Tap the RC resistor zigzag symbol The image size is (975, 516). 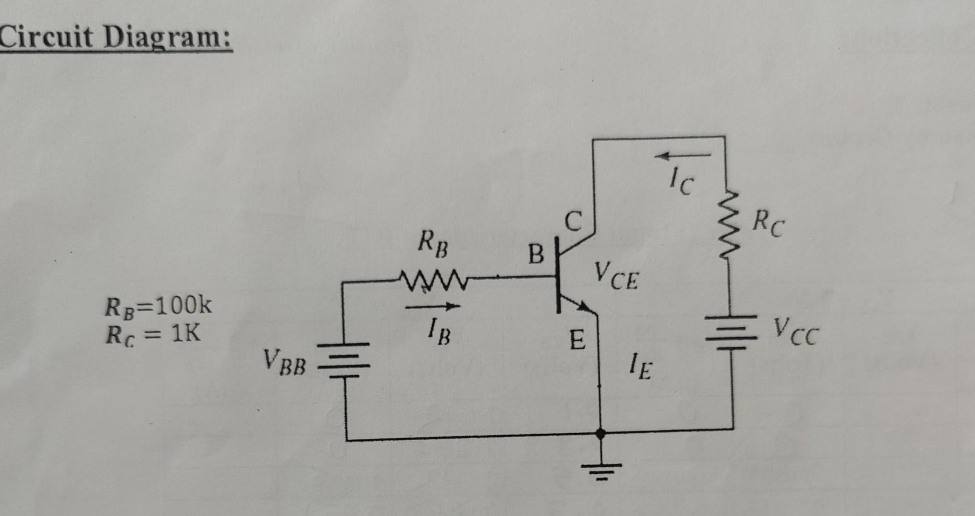[x=727, y=224]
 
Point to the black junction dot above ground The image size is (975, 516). [x=601, y=434]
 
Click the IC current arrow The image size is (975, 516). [x=683, y=155]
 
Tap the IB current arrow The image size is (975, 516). [x=433, y=307]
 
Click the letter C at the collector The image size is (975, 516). [x=573, y=222]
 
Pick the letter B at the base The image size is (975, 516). [x=536, y=254]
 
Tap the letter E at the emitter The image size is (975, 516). [x=577, y=340]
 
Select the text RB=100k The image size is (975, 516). [x=158, y=307]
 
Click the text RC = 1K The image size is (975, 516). [x=153, y=335]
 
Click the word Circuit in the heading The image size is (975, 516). [x=47, y=37]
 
